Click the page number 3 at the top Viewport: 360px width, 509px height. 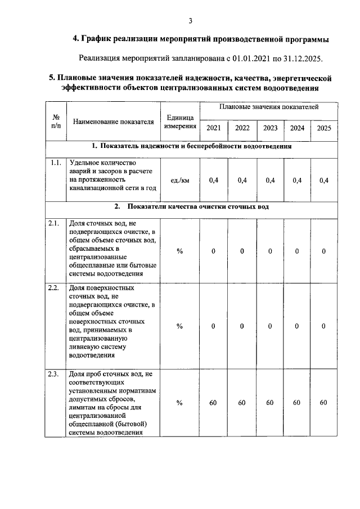pyautogui.click(x=191, y=21)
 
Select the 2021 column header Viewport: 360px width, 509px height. pyautogui.click(x=213, y=128)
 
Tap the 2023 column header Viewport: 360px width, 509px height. pyautogui.click(x=270, y=128)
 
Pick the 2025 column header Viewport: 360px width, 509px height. pyautogui.click(x=324, y=128)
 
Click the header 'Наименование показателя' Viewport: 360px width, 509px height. pyautogui.click(x=113, y=121)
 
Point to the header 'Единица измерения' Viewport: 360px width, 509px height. pyautogui.click(x=180, y=122)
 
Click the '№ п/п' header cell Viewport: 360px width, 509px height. pyautogui.click(x=56, y=121)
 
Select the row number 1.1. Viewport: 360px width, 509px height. pyautogui.click(x=55, y=163)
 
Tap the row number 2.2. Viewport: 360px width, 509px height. pyautogui.click(x=54, y=288)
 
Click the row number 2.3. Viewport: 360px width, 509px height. pyautogui.click(x=54, y=374)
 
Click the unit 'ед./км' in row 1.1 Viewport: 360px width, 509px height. pyautogui.click(x=180, y=180)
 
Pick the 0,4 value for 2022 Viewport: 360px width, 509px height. pyautogui.click(x=242, y=180)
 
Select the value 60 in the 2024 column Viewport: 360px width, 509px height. pyautogui.click(x=296, y=403)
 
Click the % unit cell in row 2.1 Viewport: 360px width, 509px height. pyautogui.click(x=180, y=251)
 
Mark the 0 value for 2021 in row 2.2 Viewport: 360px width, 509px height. pyautogui.click(x=213, y=326)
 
